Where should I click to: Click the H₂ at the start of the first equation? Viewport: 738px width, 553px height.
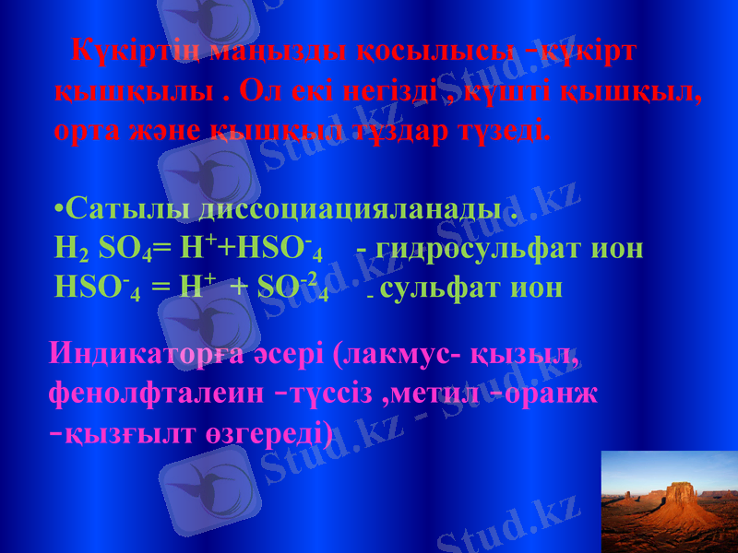pyautogui.click(x=72, y=250)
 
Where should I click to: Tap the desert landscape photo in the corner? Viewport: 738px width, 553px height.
pyautogui.click(x=669, y=501)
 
